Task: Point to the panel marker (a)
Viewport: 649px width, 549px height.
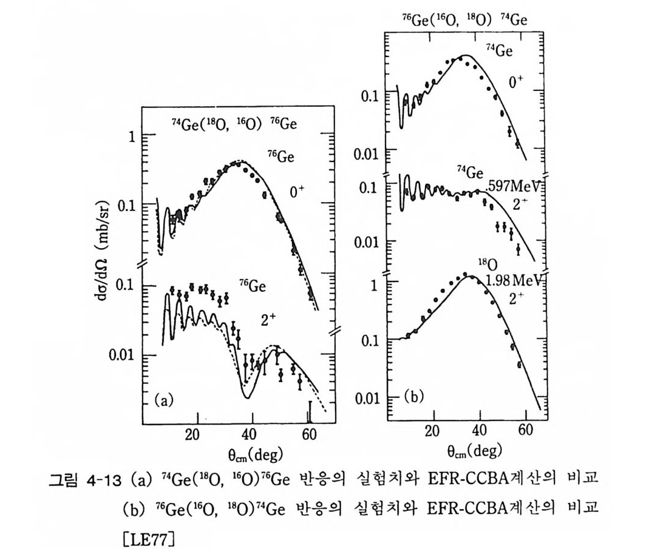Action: [x=165, y=400]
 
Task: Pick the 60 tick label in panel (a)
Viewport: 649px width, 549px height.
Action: [x=308, y=434]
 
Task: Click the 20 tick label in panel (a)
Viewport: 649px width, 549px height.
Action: [x=192, y=434]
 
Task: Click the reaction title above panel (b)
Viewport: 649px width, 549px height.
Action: [x=464, y=19]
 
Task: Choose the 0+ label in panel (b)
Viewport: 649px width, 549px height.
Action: [x=516, y=82]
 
